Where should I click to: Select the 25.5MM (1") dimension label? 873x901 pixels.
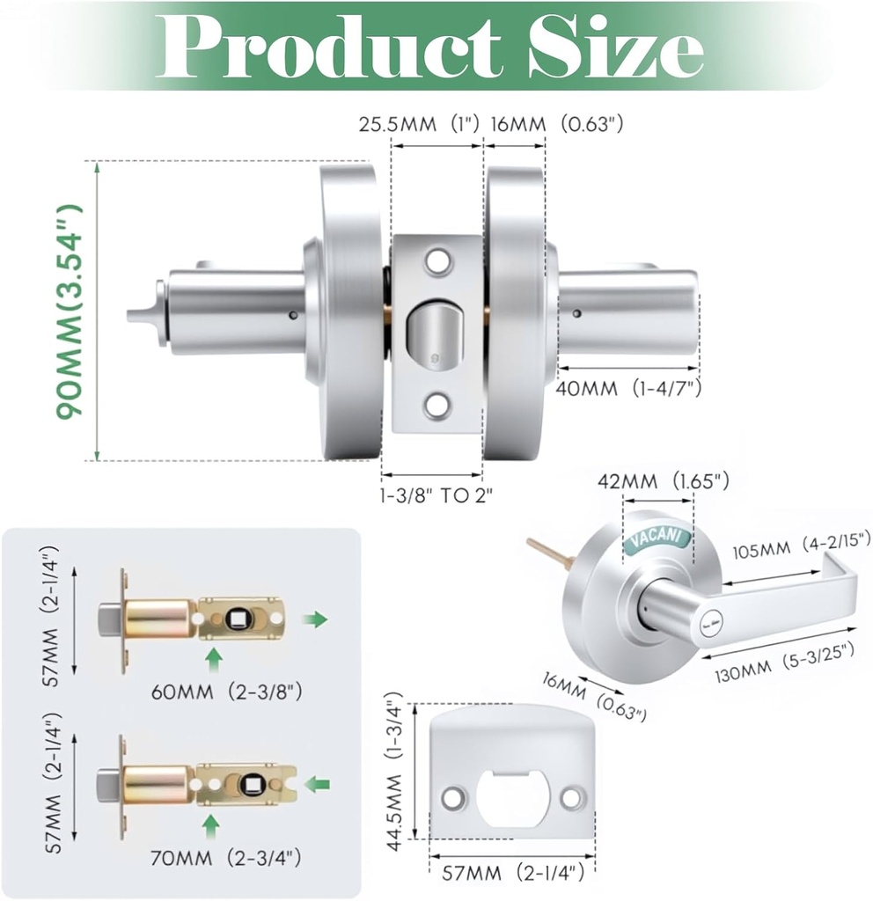419,124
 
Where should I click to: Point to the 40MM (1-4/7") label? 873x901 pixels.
629,388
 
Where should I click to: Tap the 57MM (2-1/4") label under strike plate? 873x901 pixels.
510,874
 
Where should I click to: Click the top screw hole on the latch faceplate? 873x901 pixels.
436,260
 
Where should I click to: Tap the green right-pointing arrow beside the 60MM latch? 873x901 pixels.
314,619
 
